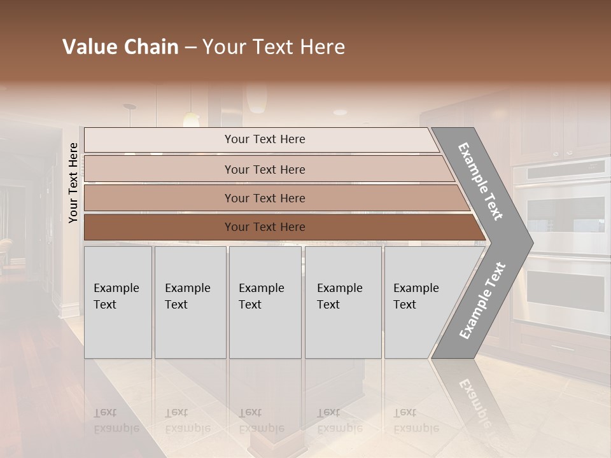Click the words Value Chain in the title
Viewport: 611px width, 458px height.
[x=120, y=47]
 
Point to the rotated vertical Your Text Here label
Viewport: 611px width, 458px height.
[x=73, y=183]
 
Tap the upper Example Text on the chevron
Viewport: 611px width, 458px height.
[x=481, y=181]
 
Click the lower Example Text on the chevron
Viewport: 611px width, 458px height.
[x=482, y=300]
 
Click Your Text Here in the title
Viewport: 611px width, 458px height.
[x=274, y=47]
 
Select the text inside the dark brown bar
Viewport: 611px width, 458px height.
[x=265, y=227]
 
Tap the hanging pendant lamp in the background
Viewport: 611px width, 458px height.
[x=191, y=118]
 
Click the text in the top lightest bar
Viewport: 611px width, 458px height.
[x=265, y=139]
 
